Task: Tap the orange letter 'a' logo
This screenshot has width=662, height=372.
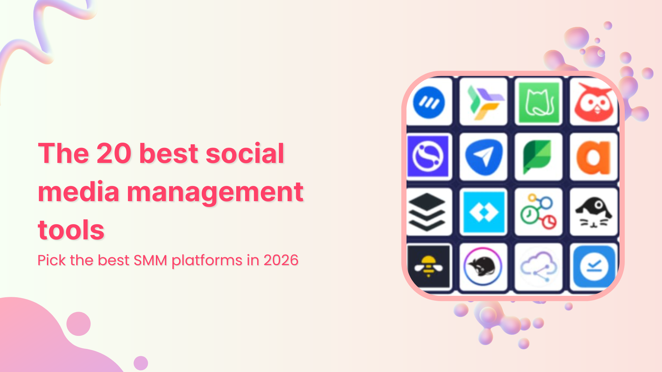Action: point(594,157)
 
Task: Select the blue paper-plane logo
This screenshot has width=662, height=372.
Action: point(483,157)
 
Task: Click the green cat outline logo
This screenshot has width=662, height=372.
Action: point(539,102)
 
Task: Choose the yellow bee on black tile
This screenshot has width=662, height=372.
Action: point(428,267)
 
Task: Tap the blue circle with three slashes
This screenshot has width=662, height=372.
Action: point(429,102)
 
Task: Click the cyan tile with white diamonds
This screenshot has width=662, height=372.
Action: point(483,212)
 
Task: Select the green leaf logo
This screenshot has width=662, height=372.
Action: point(538,157)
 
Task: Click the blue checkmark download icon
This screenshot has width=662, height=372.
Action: point(594,267)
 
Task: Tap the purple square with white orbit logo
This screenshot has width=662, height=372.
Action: point(428,157)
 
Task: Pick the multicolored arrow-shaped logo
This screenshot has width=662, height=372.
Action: point(483,102)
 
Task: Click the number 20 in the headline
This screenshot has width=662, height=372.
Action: point(114,154)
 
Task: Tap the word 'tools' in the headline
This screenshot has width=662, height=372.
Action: point(71,230)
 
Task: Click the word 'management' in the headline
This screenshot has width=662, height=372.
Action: point(215,192)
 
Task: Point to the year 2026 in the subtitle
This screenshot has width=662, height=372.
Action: point(281,260)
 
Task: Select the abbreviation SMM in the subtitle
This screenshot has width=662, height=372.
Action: point(150,260)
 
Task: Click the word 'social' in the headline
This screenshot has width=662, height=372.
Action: point(245,154)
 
